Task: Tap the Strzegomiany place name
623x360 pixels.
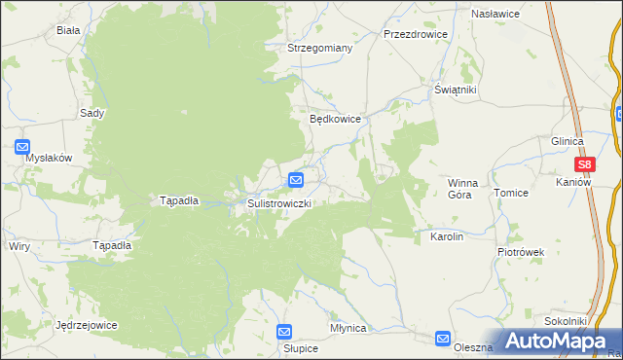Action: pyautogui.click(x=319, y=47)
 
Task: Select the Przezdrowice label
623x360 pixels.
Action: pyautogui.click(x=416, y=33)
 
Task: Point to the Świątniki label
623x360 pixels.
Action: pyautogui.click(x=455, y=90)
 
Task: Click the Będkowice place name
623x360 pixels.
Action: pyautogui.click(x=336, y=119)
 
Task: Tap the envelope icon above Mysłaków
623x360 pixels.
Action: pyautogui.click(x=23, y=147)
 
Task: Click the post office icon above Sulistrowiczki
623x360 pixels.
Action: pyautogui.click(x=296, y=180)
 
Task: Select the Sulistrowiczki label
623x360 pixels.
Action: pyautogui.click(x=279, y=203)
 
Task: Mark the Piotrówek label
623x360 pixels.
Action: pyautogui.click(x=521, y=252)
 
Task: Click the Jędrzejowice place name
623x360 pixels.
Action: pyautogui.click(x=87, y=325)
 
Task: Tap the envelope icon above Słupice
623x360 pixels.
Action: pyautogui.click(x=284, y=332)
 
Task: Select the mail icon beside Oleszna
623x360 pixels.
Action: pyautogui.click(x=444, y=339)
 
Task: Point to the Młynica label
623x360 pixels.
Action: pyautogui.click(x=348, y=329)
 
